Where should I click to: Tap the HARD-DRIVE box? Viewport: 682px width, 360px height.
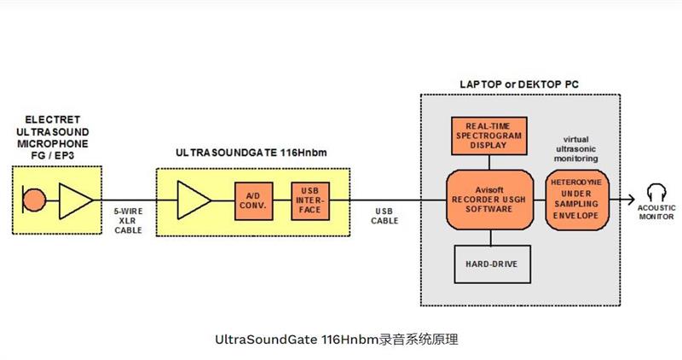489,263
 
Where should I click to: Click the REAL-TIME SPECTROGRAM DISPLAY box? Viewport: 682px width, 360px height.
489,136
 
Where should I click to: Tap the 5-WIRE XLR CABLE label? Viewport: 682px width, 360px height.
128,219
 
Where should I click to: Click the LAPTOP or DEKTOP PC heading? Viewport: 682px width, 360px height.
513,84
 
